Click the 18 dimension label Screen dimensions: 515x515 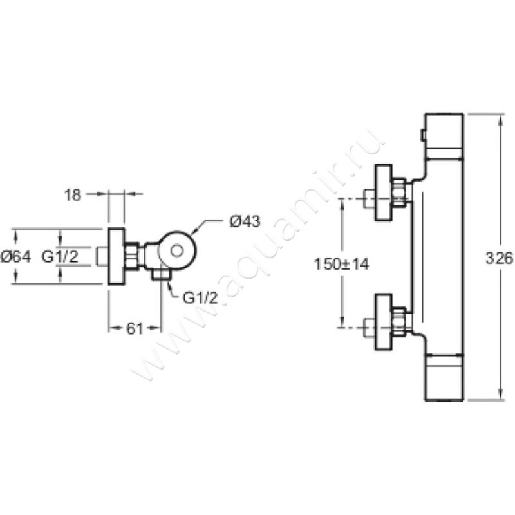click(73, 195)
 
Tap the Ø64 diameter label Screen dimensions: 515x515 click(16, 256)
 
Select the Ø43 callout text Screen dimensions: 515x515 click(245, 221)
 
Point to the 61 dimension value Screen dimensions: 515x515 click(135, 328)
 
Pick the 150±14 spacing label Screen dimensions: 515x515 click(342, 264)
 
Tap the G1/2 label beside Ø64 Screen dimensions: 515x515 click(60, 256)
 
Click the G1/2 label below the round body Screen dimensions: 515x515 click(200, 298)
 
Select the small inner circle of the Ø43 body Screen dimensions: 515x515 click(176, 251)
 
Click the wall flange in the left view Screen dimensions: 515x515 click(117, 256)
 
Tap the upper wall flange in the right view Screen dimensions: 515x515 click(384, 192)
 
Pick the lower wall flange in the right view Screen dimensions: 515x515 click(384, 322)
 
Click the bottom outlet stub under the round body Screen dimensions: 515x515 click(160, 275)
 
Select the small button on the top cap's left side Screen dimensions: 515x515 click(423, 136)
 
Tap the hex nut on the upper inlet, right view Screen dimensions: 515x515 click(398, 192)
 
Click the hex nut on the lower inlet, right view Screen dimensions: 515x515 click(398, 322)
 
